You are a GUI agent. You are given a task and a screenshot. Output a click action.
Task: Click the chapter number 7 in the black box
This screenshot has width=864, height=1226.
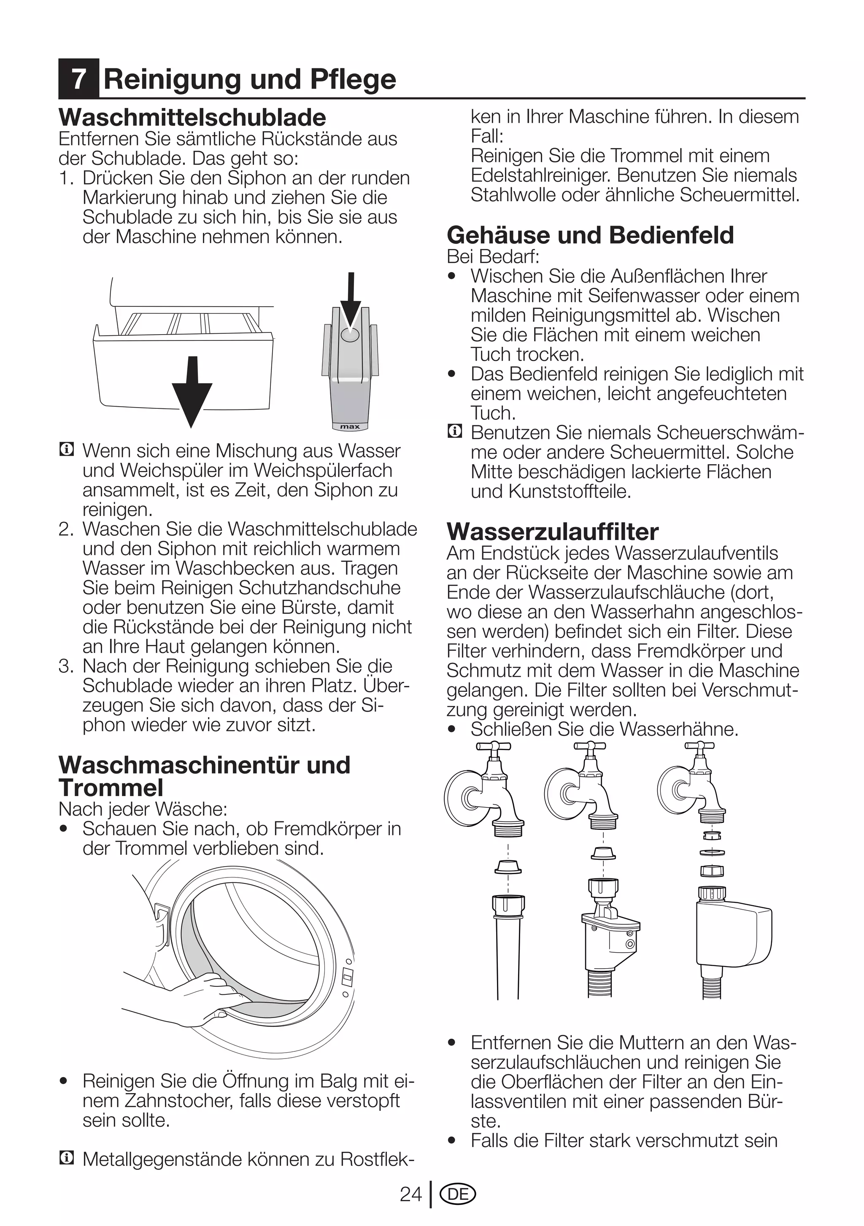[x=78, y=79]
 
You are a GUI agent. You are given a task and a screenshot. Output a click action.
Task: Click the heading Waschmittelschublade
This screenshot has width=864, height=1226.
[x=192, y=117]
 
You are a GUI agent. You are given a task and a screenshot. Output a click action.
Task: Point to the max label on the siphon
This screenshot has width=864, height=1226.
[x=350, y=427]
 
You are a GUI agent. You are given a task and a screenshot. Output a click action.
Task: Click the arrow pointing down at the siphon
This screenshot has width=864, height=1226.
[x=351, y=302]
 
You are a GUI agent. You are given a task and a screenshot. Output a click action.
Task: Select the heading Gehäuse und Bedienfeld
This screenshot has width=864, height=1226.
[x=590, y=235]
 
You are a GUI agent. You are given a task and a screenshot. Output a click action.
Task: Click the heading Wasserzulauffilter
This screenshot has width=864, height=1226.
[x=552, y=531]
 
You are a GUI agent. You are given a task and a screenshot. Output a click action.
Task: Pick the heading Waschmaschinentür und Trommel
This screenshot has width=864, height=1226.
[x=204, y=776]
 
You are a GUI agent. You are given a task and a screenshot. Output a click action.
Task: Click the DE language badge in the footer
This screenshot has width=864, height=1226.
[x=458, y=1194]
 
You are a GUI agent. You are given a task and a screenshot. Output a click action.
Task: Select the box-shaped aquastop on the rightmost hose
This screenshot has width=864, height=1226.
[x=734, y=934]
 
